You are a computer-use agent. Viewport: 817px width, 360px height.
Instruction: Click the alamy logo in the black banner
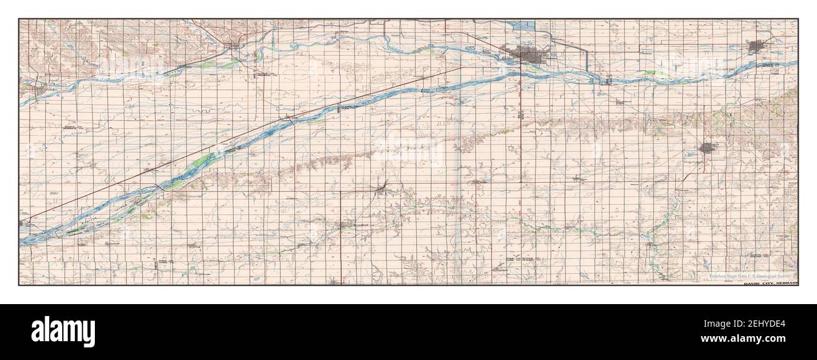[63, 331]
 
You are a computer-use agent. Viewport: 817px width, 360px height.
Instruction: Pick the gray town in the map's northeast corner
[756, 46]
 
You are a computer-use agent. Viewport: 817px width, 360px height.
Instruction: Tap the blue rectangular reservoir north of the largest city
[523, 26]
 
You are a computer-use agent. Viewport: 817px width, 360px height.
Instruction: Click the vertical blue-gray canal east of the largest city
[588, 60]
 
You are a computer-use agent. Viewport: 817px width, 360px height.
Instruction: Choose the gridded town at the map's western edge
[38, 90]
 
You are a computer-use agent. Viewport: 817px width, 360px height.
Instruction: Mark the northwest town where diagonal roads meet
[235, 45]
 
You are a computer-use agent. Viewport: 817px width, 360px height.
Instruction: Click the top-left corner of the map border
[19, 19]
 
